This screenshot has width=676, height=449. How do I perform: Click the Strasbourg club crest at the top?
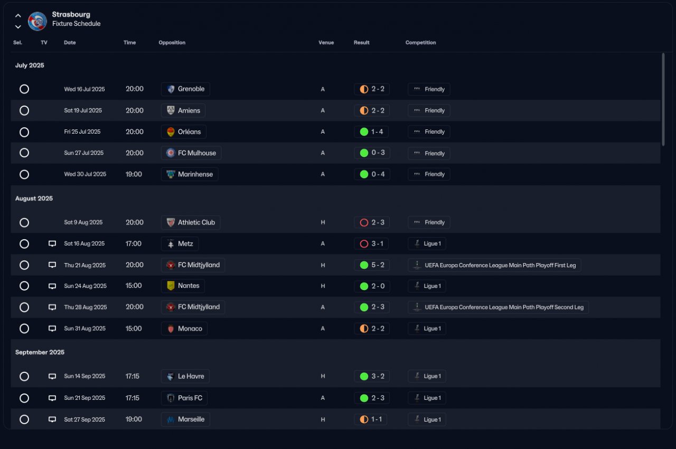click(x=37, y=21)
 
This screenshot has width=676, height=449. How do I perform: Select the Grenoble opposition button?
click(x=185, y=89)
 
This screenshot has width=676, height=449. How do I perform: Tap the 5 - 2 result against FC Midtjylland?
click(x=372, y=265)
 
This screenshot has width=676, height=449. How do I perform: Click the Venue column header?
click(x=326, y=43)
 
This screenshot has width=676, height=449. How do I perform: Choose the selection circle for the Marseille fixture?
click(x=24, y=419)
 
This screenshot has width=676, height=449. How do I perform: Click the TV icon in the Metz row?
click(x=52, y=244)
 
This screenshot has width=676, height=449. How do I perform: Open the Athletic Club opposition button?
click(x=191, y=222)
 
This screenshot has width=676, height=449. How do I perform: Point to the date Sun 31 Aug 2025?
click(x=85, y=329)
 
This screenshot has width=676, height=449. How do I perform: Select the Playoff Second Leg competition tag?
click(x=498, y=307)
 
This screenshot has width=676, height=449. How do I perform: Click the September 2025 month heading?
click(x=40, y=352)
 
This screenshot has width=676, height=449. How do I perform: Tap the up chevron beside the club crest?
click(x=18, y=16)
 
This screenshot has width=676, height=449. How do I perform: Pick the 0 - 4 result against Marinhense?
click(x=372, y=174)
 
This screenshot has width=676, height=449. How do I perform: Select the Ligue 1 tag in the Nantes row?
click(x=427, y=286)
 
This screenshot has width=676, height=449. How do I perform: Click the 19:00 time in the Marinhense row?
click(x=134, y=174)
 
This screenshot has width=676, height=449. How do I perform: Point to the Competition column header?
click(x=420, y=43)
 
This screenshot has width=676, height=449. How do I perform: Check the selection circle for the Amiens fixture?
click(x=24, y=110)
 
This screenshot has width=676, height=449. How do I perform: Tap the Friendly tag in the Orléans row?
click(x=429, y=132)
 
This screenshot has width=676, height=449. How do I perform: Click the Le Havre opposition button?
click(x=185, y=377)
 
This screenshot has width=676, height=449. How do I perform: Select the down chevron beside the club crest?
click(x=18, y=27)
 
